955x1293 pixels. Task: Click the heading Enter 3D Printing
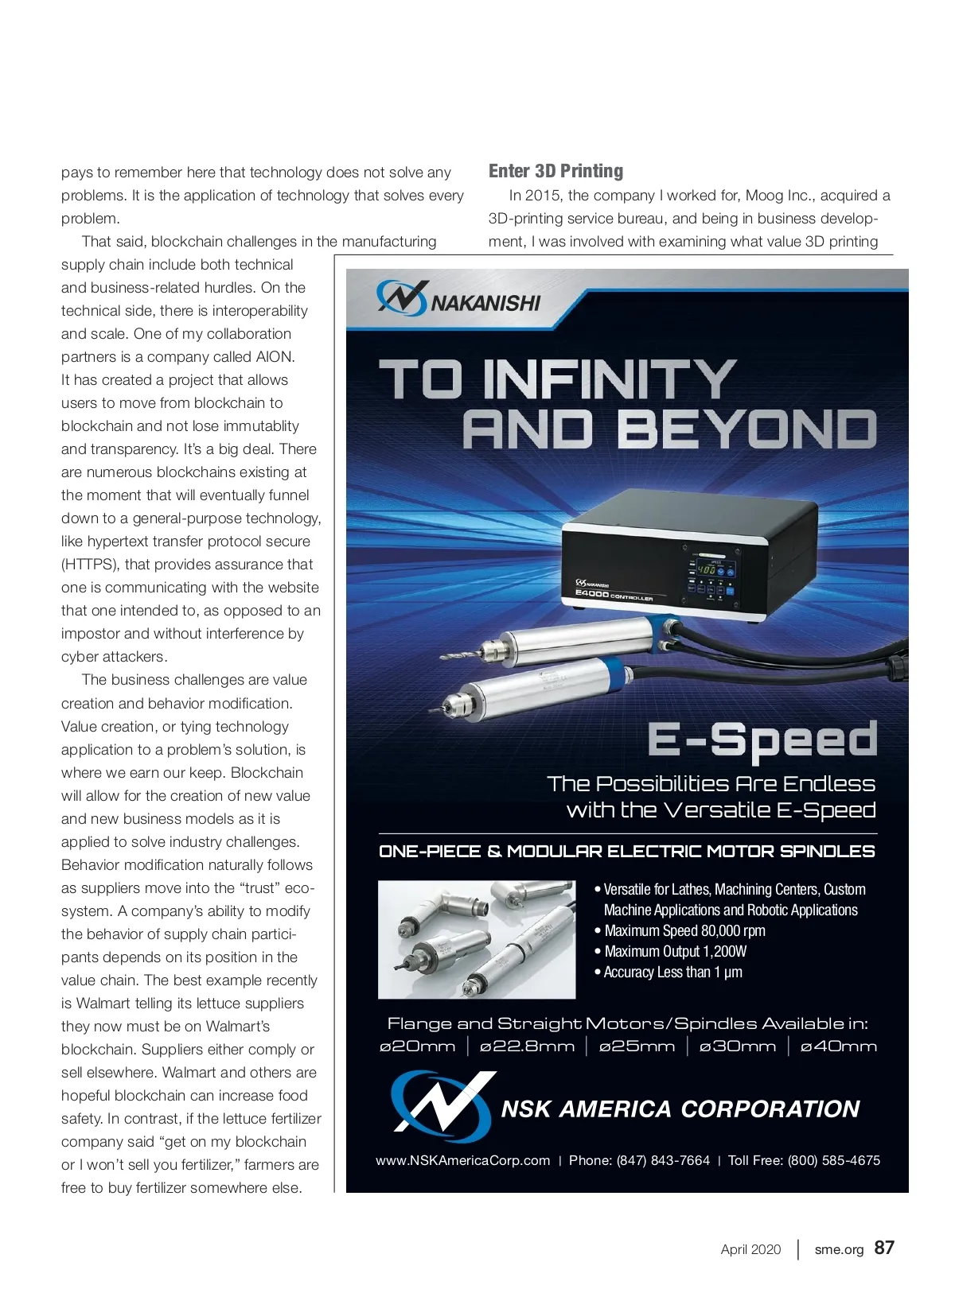(555, 171)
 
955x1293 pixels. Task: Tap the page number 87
(884, 1247)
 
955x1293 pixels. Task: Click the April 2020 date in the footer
(750, 1249)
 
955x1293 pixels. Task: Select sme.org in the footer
(839, 1249)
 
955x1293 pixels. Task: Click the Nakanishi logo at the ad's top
(458, 300)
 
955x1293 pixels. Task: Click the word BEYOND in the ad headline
(746, 429)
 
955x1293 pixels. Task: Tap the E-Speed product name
(762, 740)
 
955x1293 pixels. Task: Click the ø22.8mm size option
(527, 1046)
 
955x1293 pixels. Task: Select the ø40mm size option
(838, 1046)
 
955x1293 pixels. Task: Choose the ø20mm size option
(418, 1046)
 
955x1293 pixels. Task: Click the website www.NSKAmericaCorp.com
(462, 1160)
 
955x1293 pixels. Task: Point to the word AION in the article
(274, 357)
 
